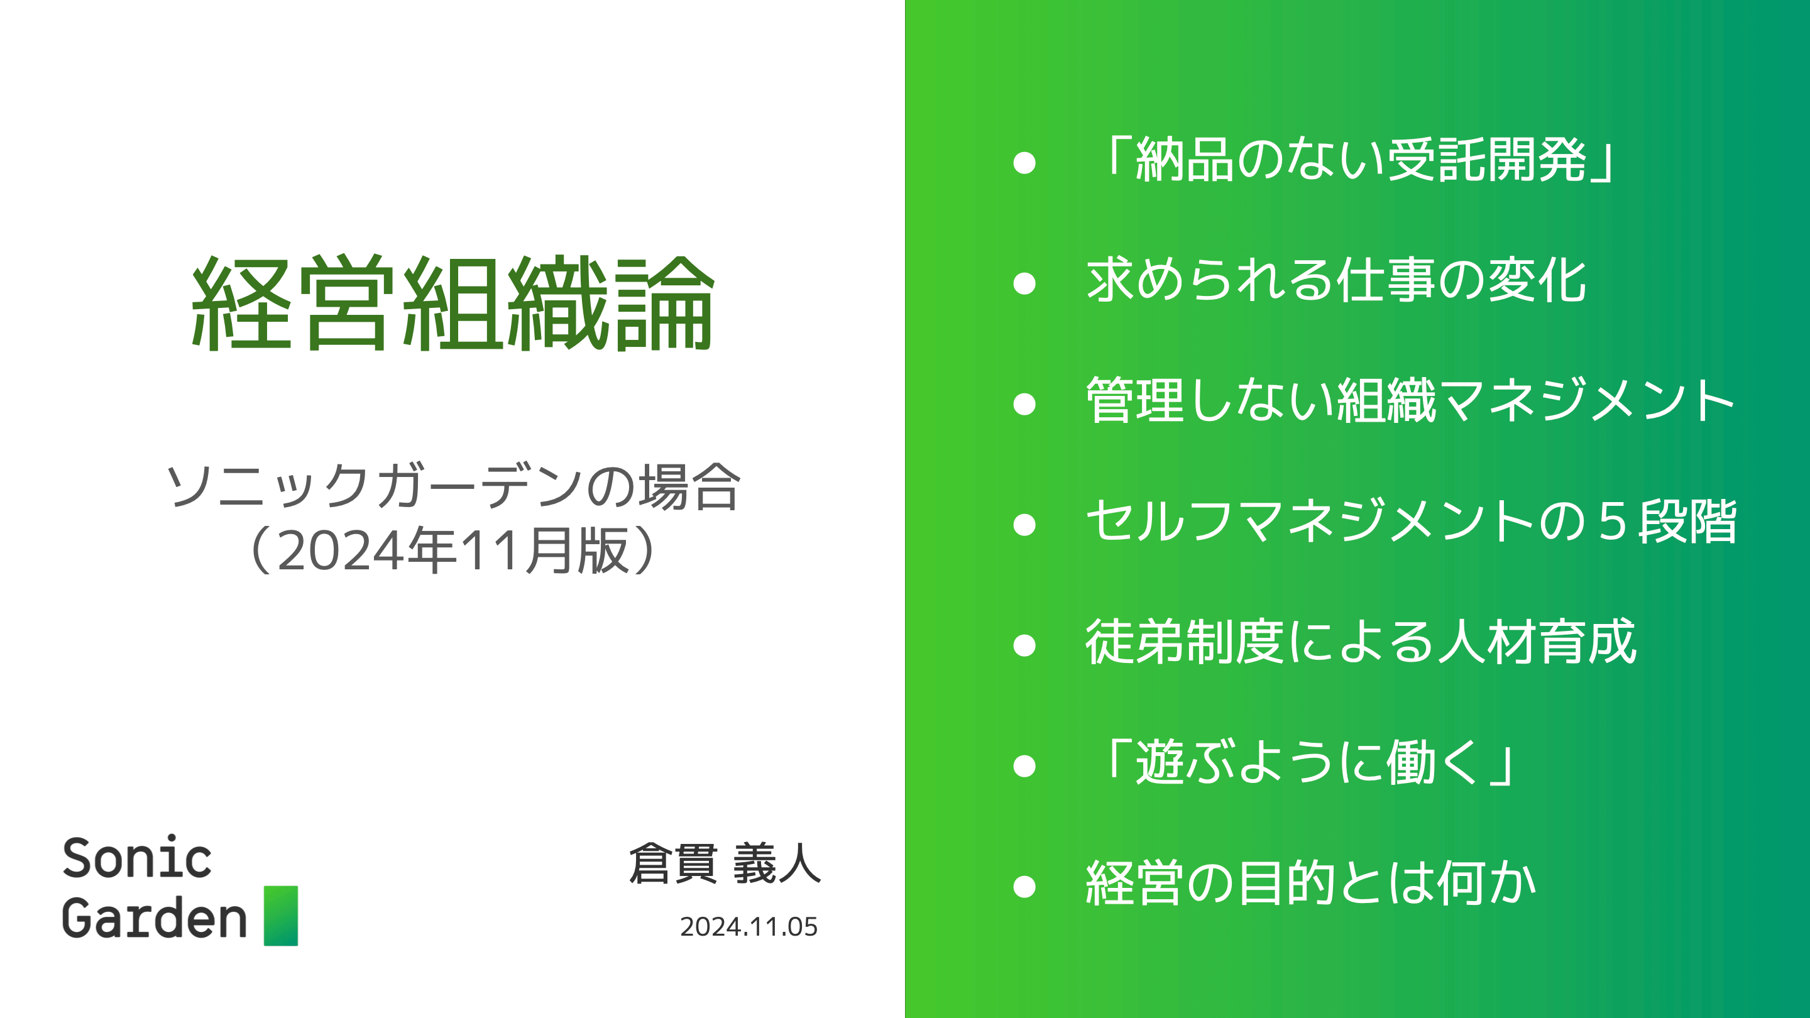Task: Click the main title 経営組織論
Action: (453, 303)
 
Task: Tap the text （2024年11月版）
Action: (453, 550)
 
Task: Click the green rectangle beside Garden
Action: (281, 916)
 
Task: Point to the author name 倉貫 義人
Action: (725, 863)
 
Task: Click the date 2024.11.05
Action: (749, 927)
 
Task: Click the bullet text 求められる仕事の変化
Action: (1336, 280)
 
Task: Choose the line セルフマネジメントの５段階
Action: (1411, 522)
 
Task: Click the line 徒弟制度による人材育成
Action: (1361, 642)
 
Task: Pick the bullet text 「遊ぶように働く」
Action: (1305, 763)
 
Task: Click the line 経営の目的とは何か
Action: (1310, 884)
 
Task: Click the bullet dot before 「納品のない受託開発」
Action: (1024, 163)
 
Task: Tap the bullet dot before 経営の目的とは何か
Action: (1024, 887)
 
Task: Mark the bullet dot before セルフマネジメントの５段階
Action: (1024, 525)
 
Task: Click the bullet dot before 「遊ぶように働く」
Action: (1024, 766)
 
